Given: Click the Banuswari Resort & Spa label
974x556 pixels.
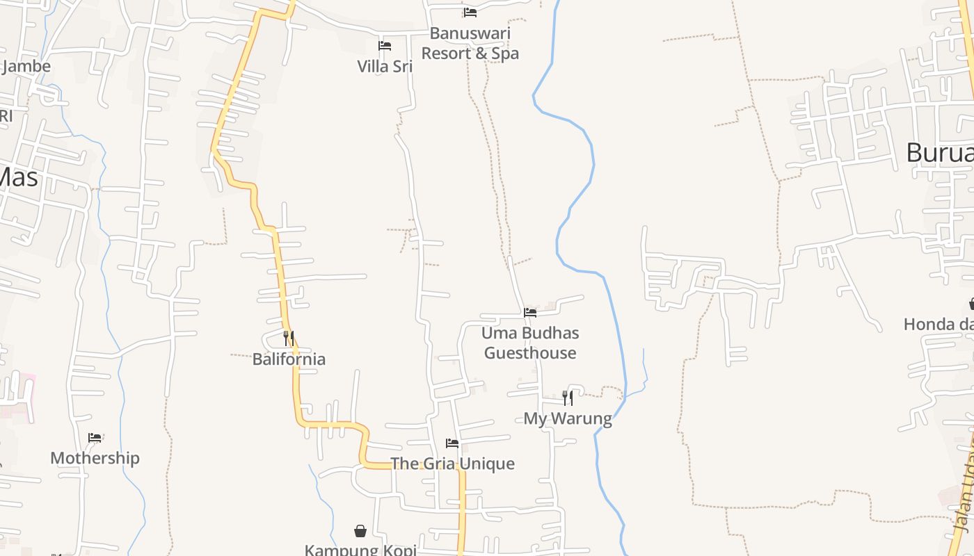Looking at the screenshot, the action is click(470, 43).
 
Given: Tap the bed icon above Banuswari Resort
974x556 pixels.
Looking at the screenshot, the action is click(470, 12).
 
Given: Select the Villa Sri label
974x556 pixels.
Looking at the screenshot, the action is click(385, 67).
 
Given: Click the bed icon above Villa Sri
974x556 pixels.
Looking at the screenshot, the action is click(385, 46).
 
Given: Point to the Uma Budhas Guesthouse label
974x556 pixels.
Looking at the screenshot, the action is click(530, 343).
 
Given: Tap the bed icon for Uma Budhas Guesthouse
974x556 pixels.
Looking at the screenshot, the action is click(530, 313).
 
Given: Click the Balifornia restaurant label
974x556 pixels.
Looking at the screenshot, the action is click(289, 359).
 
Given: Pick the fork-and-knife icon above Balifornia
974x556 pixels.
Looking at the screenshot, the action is click(289, 338).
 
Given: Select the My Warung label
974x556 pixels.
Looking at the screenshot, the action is click(568, 418).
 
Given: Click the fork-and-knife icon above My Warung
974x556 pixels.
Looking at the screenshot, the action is click(568, 398).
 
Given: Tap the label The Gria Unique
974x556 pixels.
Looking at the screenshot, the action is click(452, 464).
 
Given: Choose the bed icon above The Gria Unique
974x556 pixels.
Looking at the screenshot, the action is click(452, 443).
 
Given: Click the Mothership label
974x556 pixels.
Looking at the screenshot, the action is click(95, 458).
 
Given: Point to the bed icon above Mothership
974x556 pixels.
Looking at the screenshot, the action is click(95, 438).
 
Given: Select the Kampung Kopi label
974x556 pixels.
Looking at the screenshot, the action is click(360, 550).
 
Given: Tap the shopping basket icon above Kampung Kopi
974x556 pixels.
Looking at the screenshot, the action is click(360, 532).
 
